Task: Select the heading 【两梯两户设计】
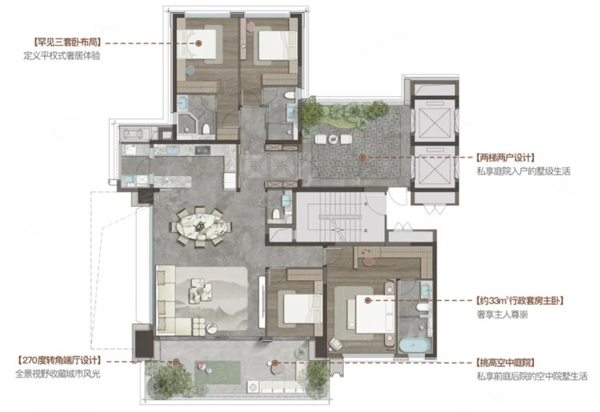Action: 505,157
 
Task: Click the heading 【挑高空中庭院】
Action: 505,363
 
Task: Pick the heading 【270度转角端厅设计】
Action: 59,361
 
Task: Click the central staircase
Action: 340,217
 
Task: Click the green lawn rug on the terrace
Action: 217,373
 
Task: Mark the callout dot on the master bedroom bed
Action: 368,301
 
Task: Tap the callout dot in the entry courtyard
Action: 361,157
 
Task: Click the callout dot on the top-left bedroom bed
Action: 199,44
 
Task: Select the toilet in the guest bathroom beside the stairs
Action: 275,215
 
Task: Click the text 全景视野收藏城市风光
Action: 58,374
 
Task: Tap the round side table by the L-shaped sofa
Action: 212,328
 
